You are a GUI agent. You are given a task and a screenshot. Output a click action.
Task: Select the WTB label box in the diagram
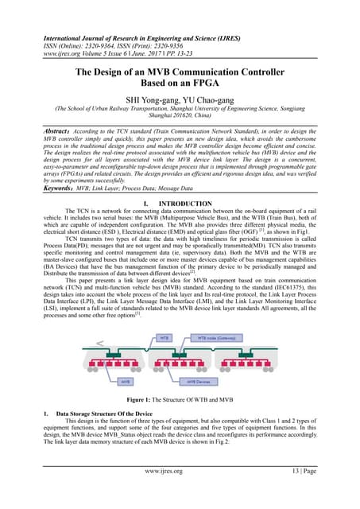pos(163,338)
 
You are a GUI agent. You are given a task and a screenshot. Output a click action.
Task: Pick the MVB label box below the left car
pos(126,383)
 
